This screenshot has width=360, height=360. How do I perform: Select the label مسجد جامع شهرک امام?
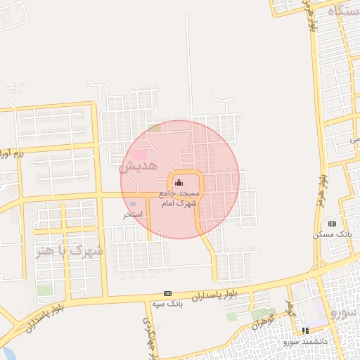point(181,197)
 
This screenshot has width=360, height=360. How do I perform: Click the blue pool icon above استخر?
point(134,203)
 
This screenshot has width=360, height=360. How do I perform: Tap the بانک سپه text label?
point(167,304)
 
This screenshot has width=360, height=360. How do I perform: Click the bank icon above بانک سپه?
point(167,293)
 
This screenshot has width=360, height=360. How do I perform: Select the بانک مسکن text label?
point(330,233)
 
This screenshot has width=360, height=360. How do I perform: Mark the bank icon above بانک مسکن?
point(332,223)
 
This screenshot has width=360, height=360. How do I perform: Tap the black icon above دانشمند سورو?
point(304,330)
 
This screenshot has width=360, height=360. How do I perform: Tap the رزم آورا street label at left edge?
point(13,153)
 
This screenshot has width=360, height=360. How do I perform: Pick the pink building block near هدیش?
point(140,154)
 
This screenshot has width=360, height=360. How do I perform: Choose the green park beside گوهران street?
point(262,314)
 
